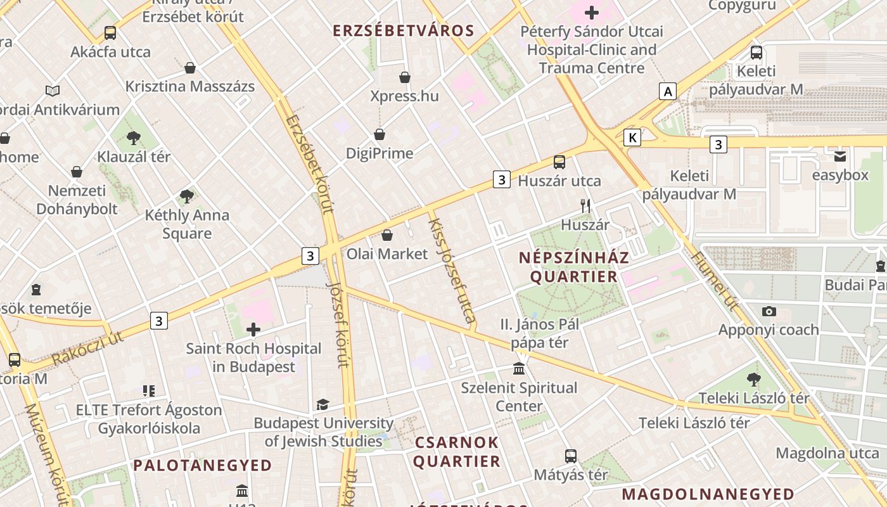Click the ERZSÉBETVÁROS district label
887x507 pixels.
(404, 30)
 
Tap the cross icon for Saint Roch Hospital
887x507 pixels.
(253, 329)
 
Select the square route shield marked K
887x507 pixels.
(632, 138)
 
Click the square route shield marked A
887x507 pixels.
(667, 91)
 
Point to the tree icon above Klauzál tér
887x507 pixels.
(133, 138)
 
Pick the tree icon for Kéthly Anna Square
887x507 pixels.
(186, 196)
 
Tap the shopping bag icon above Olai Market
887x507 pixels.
(387, 235)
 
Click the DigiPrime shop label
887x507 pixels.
(380, 153)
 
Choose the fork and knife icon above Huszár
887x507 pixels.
(585, 206)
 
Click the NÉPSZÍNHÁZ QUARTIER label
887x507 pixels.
(574, 267)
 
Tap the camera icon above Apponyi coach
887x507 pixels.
(769, 311)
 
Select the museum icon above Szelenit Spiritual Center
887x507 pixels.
(519, 368)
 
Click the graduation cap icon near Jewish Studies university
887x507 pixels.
(323, 404)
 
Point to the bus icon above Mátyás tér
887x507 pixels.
(571, 456)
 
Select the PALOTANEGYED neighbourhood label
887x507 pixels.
(202, 465)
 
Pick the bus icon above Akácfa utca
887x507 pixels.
(110, 33)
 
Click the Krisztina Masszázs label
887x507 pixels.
(190, 86)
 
